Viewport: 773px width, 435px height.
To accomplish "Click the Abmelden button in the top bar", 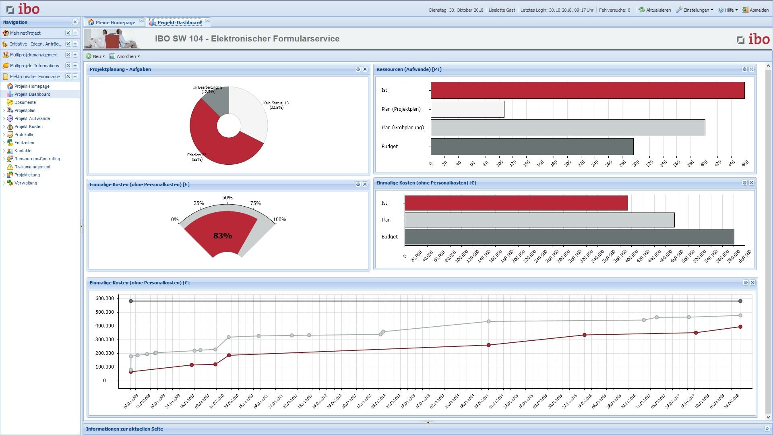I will click(756, 10).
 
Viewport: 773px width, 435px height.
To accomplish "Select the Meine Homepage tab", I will click(115, 23).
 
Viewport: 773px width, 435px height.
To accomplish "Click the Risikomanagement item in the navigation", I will click(32, 167).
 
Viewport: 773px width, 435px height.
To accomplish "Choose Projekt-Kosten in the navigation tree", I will click(28, 126).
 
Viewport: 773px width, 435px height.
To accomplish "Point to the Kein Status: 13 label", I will click(276, 103).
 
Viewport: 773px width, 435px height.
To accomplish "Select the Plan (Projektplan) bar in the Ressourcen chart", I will click(467, 109).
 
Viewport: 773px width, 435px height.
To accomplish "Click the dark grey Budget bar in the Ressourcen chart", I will click(531, 147).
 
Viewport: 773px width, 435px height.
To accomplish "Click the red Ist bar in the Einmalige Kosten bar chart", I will click(515, 203).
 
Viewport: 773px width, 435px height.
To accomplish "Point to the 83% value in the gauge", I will click(222, 236).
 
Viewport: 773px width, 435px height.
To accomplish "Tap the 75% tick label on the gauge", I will click(255, 203).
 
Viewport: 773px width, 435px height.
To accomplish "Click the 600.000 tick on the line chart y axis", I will click(105, 298).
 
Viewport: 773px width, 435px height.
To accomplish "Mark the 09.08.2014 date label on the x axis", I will click(482, 402).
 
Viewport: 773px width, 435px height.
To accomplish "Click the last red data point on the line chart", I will click(740, 327).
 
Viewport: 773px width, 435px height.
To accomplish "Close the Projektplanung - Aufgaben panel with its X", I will click(365, 69).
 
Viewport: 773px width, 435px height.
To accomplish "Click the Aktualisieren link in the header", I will click(655, 10).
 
